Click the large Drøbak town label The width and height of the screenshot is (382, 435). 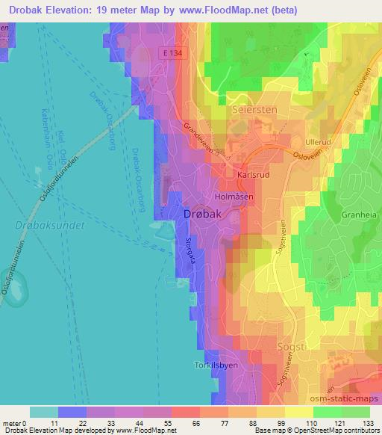click(202, 215)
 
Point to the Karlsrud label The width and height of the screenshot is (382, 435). click(251, 174)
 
